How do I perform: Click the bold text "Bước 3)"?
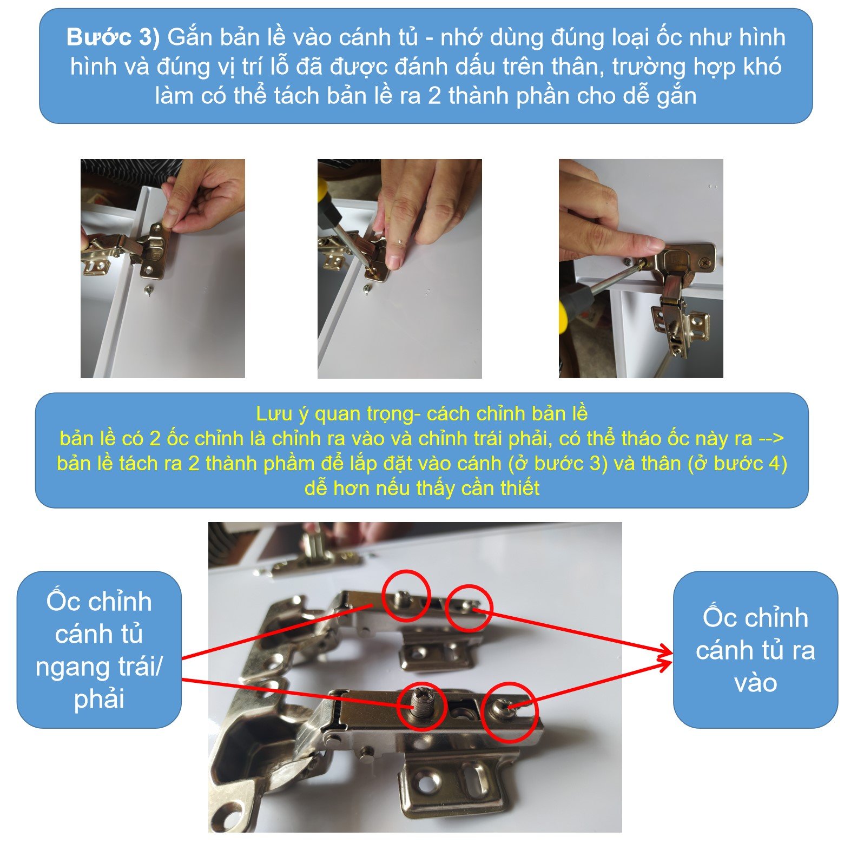coord(113,37)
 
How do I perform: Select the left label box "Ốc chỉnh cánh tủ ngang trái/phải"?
coord(99,649)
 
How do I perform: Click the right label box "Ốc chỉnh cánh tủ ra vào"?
coord(755,649)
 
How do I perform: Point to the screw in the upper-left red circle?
coord(403,597)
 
